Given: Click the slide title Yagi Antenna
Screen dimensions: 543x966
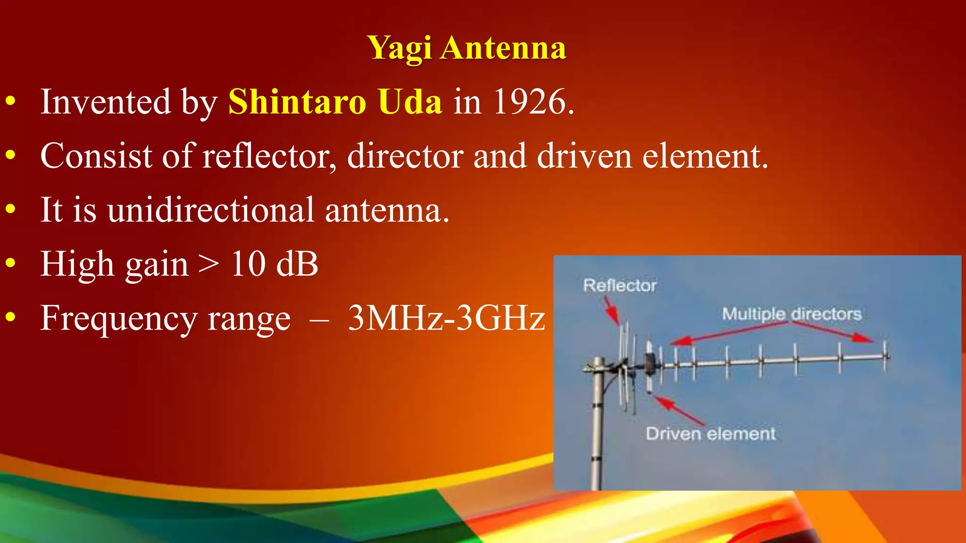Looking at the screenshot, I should click(x=466, y=48).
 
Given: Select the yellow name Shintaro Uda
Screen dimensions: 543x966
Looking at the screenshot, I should click(x=335, y=102).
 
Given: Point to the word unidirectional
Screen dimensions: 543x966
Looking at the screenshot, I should click(x=210, y=210).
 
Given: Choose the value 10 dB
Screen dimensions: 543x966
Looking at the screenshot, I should click(x=274, y=264).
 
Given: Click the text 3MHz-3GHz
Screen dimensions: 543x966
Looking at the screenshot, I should click(x=446, y=318).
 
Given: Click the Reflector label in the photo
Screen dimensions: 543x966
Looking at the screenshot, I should click(x=619, y=285).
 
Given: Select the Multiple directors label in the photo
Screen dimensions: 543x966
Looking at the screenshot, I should click(x=791, y=314).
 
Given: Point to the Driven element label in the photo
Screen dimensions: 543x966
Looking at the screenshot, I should click(x=710, y=434).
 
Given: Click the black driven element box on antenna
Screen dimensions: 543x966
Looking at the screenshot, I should click(x=650, y=362).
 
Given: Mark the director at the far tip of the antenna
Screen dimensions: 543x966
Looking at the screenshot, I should click(x=885, y=356).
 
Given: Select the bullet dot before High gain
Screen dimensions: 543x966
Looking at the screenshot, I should click(x=11, y=264).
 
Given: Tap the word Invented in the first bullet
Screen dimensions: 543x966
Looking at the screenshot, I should click(x=105, y=102).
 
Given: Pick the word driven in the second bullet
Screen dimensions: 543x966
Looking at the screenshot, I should click(x=584, y=156).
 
